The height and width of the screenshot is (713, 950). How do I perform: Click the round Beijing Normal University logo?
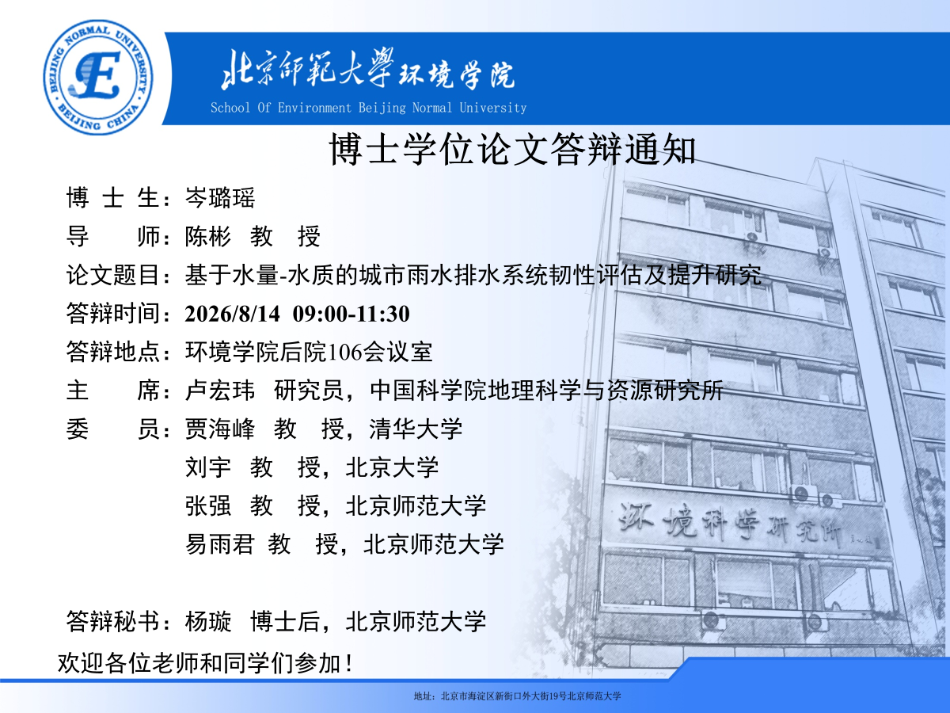98,77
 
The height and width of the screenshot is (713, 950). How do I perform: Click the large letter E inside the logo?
97,74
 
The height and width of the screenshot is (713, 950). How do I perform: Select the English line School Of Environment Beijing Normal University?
368,108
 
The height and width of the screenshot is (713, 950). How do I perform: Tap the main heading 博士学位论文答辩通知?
512,149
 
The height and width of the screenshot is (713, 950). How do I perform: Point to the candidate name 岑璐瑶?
220,198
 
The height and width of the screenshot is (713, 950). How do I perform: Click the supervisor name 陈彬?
207,236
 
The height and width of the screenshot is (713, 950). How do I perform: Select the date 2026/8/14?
233,314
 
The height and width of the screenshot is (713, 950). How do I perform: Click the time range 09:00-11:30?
351,314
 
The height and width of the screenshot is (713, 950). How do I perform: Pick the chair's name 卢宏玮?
220,391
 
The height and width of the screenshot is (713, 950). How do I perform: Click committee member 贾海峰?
220,429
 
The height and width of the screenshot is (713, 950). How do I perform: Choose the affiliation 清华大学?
416,429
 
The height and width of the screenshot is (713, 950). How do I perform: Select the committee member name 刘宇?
207,467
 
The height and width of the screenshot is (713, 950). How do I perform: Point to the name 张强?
207,505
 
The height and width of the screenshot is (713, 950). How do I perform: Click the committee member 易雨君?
220,544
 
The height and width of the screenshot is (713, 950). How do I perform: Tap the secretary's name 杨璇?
207,622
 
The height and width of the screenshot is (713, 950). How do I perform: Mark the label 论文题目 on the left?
112,275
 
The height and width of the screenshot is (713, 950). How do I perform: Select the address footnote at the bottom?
517,696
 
